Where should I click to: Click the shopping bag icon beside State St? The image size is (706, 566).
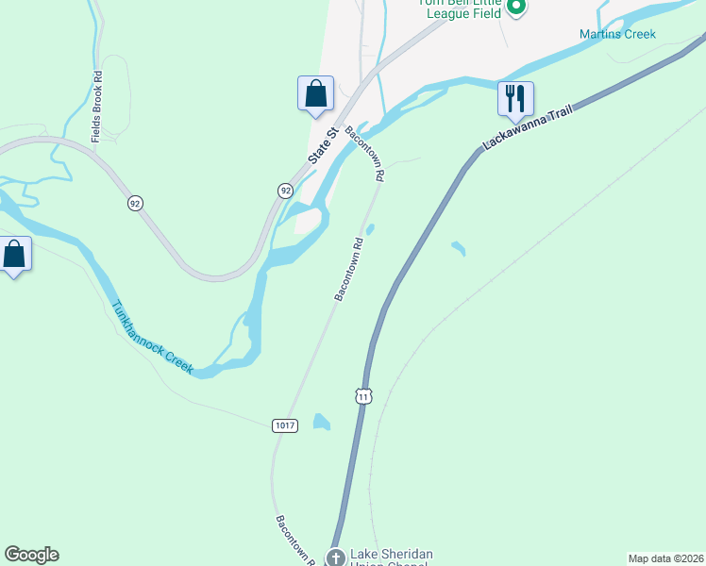315,94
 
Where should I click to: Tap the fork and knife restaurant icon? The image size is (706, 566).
515,99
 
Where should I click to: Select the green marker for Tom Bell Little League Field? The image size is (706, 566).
515,8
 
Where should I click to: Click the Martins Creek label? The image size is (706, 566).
617,35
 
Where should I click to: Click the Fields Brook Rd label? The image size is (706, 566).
97,112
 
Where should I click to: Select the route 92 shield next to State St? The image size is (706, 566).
285,191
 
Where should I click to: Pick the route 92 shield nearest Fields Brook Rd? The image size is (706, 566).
136,203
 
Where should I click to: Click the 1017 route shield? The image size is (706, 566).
285,425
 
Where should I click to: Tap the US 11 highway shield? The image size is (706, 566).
363,396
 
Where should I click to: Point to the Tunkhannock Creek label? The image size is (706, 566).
152,338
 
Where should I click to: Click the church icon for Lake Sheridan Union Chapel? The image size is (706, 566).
335,558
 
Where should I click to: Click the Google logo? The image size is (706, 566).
31,555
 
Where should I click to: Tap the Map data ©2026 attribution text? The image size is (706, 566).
664,558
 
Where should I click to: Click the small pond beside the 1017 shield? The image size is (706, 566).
322,422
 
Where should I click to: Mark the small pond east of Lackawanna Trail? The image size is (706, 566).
459,249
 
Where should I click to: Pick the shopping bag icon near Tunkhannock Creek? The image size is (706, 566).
14,255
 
